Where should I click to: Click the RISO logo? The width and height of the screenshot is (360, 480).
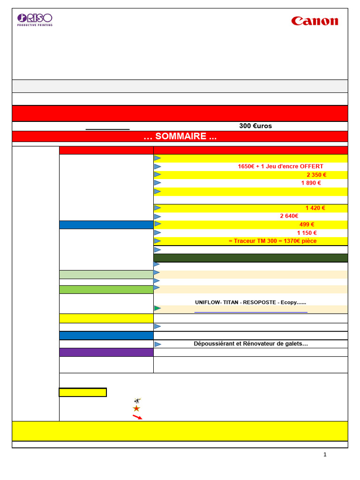(x=35, y=19)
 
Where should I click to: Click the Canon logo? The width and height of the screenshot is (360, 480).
(x=315, y=21)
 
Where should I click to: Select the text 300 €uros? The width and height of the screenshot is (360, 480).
(x=255, y=126)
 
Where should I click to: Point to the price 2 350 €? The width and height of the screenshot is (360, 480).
(x=316, y=175)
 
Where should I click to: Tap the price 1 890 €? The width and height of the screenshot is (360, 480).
(x=311, y=183)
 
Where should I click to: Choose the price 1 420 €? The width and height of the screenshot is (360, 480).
(x=315, y=208)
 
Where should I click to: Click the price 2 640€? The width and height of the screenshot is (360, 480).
(x=289, y=216)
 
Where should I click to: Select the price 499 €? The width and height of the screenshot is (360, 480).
(x=307, y=225)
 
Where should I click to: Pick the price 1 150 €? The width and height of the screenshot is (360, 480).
(x=307, y=233)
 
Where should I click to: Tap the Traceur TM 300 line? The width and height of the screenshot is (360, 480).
(x=272, y=241)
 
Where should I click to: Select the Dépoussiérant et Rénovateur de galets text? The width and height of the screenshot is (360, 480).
(x=251, y=344)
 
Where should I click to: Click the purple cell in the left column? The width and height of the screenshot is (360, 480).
(x=106, y=352)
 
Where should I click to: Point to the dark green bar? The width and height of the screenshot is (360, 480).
(x=251, y=258)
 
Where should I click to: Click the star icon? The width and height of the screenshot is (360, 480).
(x=136, y=409)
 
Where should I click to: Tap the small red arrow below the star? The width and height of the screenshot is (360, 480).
(x=137, y=417)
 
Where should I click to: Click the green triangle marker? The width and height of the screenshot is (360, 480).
(x=157, y=308)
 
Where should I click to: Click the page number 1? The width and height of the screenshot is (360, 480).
(x=325, y=455)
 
